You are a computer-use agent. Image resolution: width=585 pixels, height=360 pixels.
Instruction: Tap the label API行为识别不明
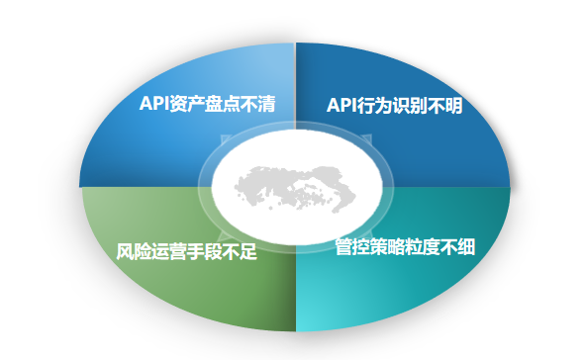click(x=394, y=106)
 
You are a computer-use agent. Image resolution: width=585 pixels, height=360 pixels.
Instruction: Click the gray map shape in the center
click(x=296, y=189)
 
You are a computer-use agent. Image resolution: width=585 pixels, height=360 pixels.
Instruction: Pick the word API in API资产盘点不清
click(x=153, y=104)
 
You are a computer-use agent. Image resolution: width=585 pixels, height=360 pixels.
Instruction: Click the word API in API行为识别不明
click(x=341, y=106)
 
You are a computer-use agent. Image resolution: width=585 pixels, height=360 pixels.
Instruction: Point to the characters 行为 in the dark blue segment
click(x=375, y=106)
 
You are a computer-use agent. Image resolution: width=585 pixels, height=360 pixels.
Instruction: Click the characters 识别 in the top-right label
click(x=411, y=106)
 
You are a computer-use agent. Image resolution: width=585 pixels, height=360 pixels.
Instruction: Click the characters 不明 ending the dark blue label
click(x=445, y=106)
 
